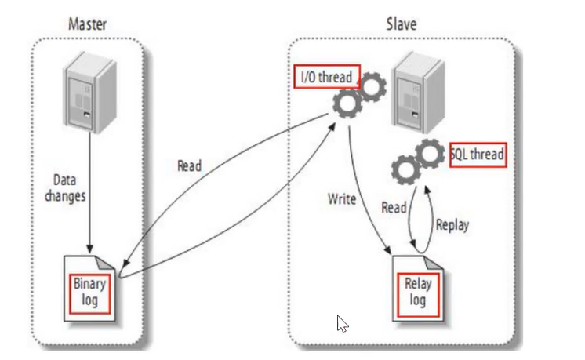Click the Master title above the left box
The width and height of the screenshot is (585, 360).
click(87, 24)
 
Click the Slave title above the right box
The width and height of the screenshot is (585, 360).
click(401, 24)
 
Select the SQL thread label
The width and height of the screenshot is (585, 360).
click(477, 155)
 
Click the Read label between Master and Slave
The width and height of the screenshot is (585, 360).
click(189, 165)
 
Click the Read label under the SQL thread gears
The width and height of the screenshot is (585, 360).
click(394, 208)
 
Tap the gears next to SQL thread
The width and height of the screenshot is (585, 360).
click(419, 160)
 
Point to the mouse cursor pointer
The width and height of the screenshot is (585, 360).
click(341, 322)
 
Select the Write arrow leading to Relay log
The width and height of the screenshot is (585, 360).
click(367, 196)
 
